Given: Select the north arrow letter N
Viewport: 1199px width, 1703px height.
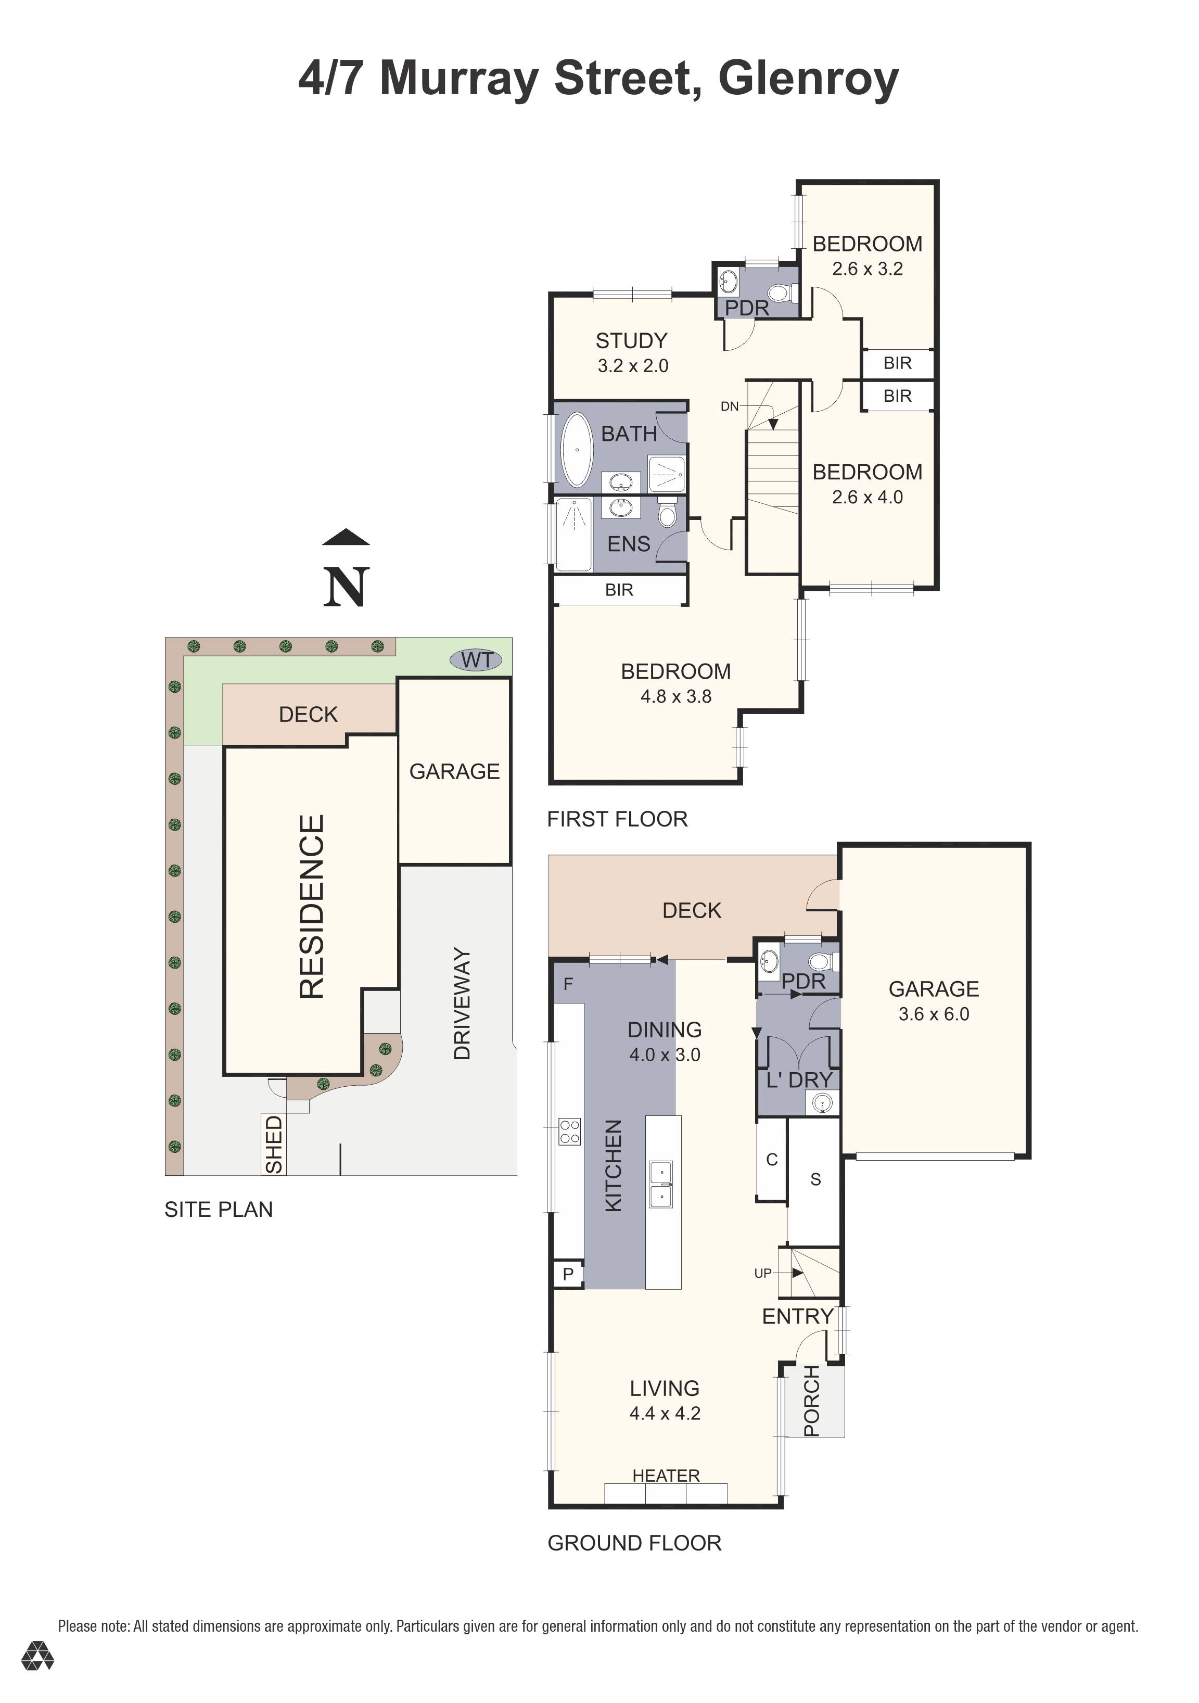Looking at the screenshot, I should coord(346,588).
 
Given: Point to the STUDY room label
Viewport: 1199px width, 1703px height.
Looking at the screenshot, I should coord(631,340).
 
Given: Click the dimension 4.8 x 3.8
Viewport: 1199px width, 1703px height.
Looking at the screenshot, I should coord(675,696).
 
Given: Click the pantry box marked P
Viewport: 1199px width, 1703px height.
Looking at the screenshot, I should coord(568,1274).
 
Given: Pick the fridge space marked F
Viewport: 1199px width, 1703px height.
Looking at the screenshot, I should coord(568,984).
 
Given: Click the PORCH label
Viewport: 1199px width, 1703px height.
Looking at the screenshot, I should coord(812,1401).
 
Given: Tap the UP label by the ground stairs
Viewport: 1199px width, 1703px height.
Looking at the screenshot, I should coord(762,1273).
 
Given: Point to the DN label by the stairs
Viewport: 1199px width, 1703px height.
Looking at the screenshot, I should coord(730,406).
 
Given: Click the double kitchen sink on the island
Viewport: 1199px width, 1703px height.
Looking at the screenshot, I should coord(661,1185).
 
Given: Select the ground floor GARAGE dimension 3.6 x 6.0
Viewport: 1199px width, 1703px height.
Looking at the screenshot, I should coord(934,1014).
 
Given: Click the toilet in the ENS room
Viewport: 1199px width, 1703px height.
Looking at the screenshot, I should coord(667,513).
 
